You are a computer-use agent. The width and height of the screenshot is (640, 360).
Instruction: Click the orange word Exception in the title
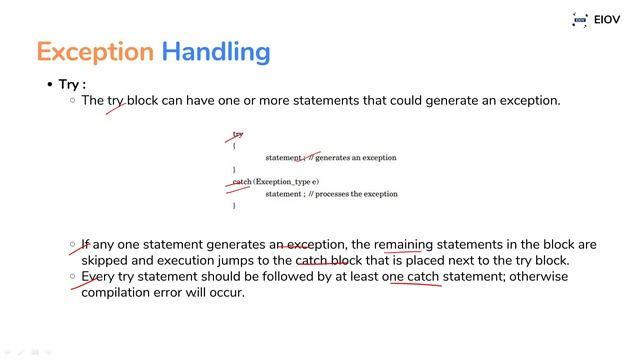pyautogui.click(x=94, y=51)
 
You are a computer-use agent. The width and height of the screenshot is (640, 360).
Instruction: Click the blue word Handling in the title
pyautogui.click(x=215, y=51)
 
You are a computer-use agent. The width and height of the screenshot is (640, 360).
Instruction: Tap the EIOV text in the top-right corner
pyautogui.click(x=607, y=19)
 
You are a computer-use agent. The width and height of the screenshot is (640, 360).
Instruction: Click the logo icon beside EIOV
pyautogui.click(x=579, y=19)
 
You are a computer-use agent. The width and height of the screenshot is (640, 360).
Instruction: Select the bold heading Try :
pyautogui.click(x=73, y=85)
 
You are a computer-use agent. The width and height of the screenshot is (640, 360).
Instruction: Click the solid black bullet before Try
pyautogui.click(x=49, y=85)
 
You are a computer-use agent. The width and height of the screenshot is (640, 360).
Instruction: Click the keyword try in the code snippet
pyautogui.click(x=238, y=134)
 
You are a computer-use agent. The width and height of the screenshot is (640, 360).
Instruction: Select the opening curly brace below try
pyautogui.click(x=234, y=146)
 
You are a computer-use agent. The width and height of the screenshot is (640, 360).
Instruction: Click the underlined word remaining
pyautogui.click(x=404, y=244)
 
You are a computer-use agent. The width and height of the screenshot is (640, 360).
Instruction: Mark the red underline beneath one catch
pyautogui.click(x=415, y=284)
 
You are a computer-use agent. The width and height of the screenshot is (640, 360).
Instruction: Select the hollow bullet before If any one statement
pyautogui.click(x=72, y=244)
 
